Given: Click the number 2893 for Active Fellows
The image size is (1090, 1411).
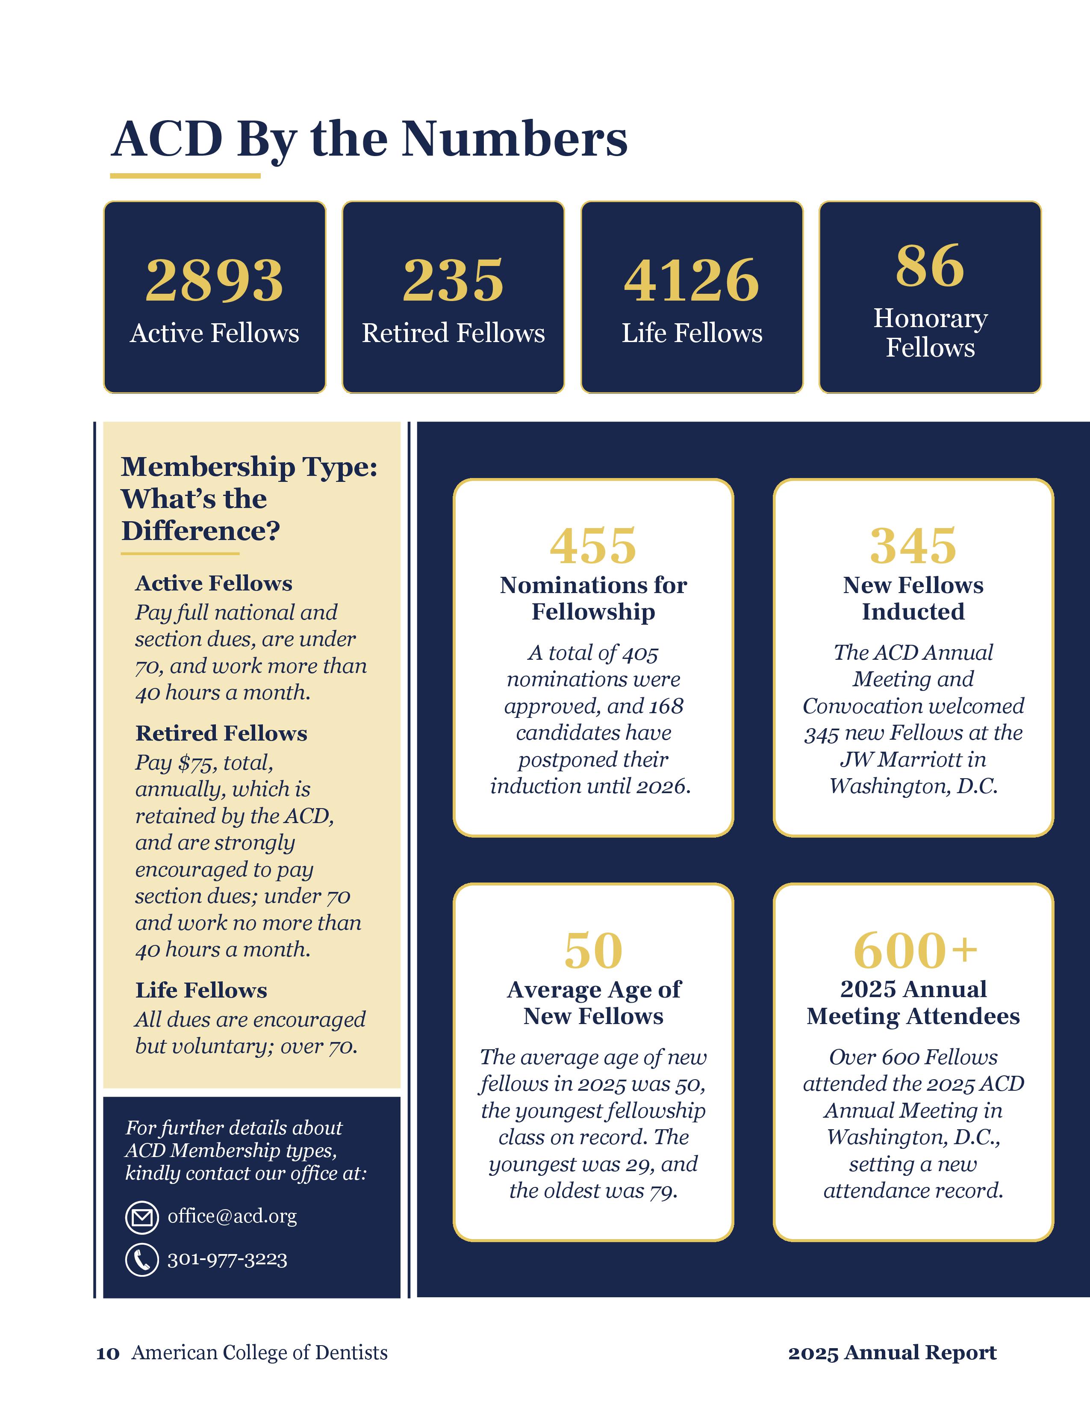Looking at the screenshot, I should pyautogui.click(x=215, y=280).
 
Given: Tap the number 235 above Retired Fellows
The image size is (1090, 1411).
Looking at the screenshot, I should pyautogui.click(x=453, y=280).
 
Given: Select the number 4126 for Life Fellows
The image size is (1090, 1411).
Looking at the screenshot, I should pyautogui.click(x=692, y=280).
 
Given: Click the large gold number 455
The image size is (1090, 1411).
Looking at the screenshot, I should pyautogui.click(x=593, y=546).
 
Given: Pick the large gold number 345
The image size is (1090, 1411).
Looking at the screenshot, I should pyautogui.click(x=913, y=546).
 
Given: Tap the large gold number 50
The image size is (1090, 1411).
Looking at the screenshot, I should pyautogui.click(x=593, y=951).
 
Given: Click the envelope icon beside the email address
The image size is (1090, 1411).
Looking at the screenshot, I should pyautogui.click(x=141, y=1218).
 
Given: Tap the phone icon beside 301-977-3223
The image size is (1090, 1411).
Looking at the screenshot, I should pyautogui.click(x=141, y=1260).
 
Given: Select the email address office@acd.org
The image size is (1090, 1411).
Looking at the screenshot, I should pyautogui.click(x=232, y=1216).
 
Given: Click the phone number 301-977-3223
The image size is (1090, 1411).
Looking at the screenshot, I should pyautogui.click(x=227, y=1259).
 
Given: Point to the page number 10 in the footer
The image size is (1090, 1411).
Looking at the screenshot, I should pyautogui.click(x=108, y=1353).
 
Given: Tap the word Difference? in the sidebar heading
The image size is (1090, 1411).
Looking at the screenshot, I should pyautogui.click(x=201, y=531).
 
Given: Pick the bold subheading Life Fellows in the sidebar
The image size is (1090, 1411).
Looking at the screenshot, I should pyautogui.click(x=201, y=990).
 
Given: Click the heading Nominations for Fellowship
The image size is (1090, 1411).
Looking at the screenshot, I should pyautogui.click(x=593, y=598).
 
